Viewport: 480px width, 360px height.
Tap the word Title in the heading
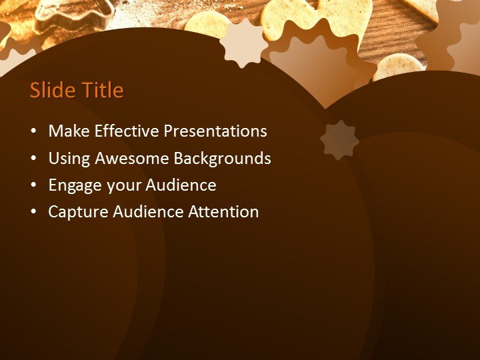pos(101,91)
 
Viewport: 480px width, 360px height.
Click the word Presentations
pos(215,131)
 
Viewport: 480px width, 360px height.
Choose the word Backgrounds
pos(222,159)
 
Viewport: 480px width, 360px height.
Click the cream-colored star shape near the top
pos(243,43)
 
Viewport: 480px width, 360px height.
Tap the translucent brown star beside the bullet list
pos(339,140)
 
